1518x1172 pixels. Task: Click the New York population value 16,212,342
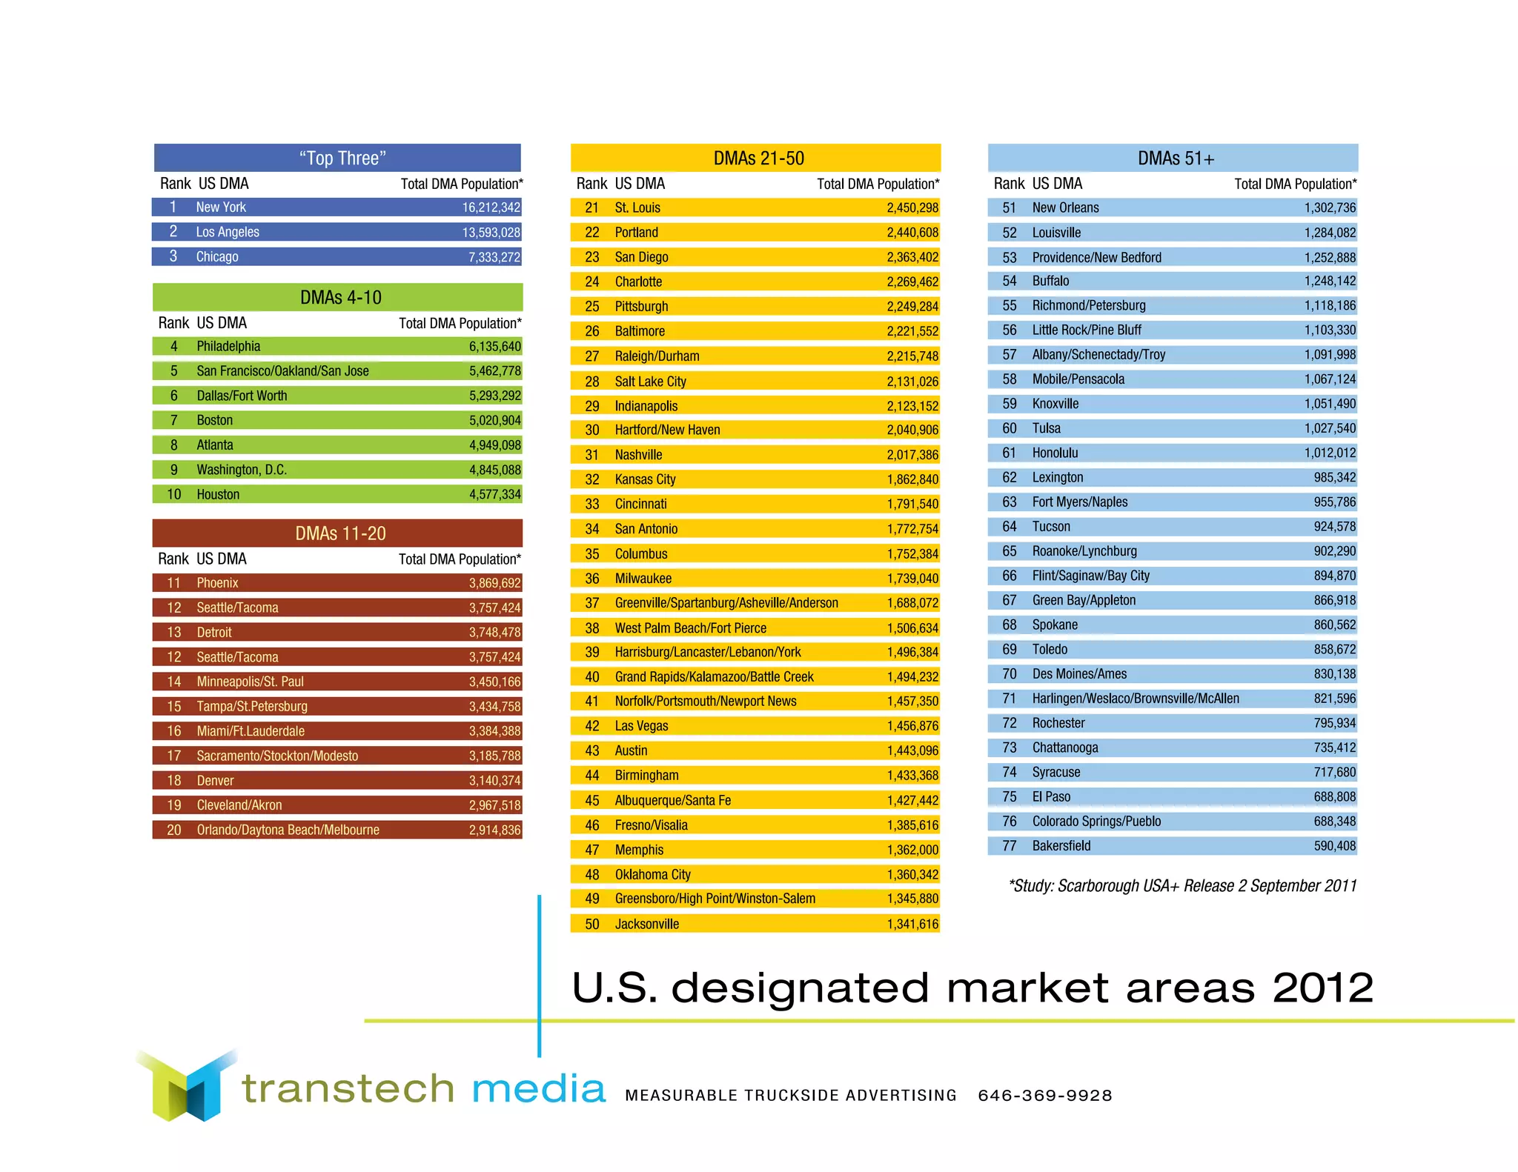point(491,207)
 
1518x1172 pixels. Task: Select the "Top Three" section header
point(342,158)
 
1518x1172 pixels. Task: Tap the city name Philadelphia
point(228,346)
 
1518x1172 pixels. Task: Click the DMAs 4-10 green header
point(340,297)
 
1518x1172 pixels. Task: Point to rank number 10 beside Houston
point(173,494)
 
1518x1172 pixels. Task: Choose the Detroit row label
point(214,632)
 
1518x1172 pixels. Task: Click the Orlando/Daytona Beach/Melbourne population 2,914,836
point(494,830)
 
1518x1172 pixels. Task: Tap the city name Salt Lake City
point(650,382)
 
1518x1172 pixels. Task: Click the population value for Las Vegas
point(912,726)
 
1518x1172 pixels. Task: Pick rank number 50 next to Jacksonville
point(591,924)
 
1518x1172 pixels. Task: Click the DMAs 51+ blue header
point(1176,158)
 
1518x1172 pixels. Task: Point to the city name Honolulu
point(1055,453)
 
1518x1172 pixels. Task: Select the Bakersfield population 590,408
point(1334,845)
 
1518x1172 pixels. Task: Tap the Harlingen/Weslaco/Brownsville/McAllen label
point(1135,698)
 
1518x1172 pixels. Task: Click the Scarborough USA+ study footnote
point(1183,885)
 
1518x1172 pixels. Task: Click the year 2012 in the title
point(1322,988)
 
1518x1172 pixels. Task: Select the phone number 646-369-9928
point(1044,1095)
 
